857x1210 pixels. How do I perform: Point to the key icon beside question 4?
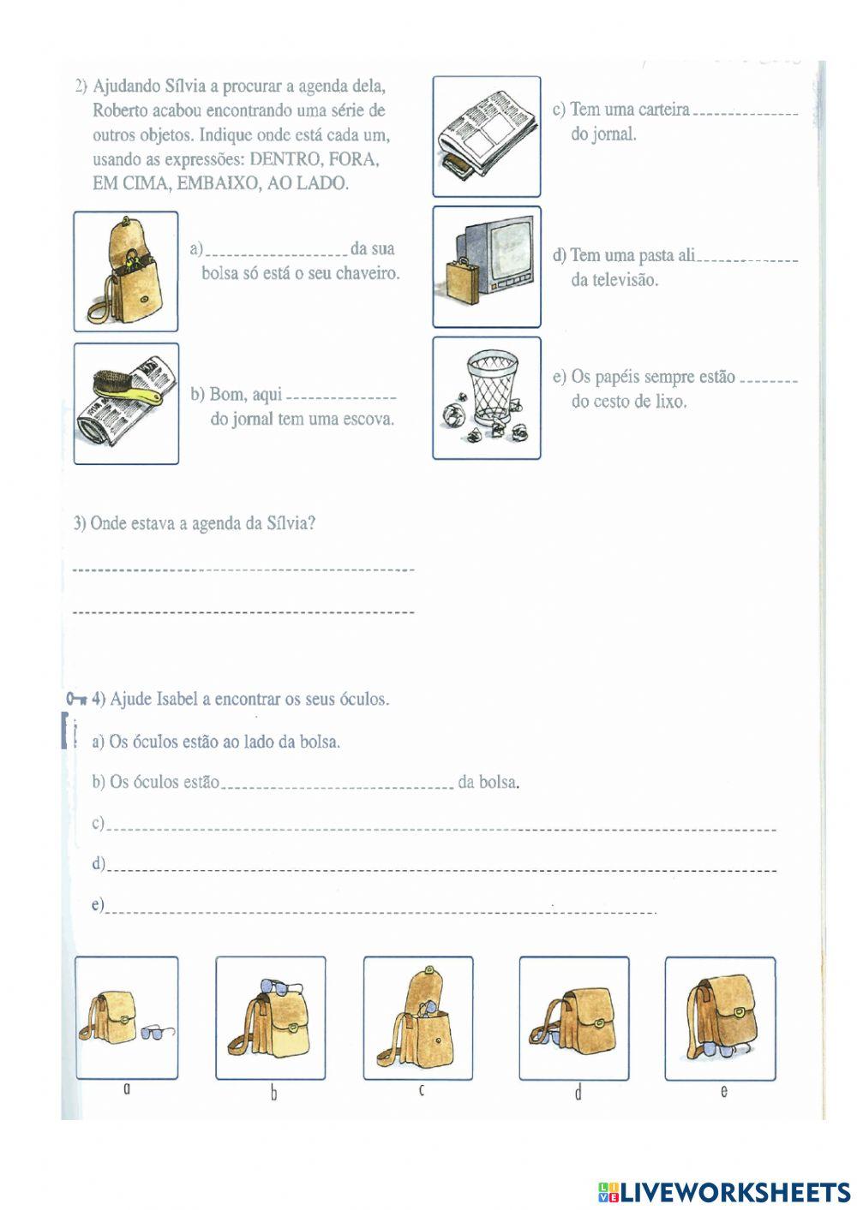[75, 698]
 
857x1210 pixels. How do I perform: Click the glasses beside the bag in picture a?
[156, 1032]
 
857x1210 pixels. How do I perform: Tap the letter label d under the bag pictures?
[578, 1093]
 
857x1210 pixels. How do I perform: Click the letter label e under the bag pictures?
[724, 1091]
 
